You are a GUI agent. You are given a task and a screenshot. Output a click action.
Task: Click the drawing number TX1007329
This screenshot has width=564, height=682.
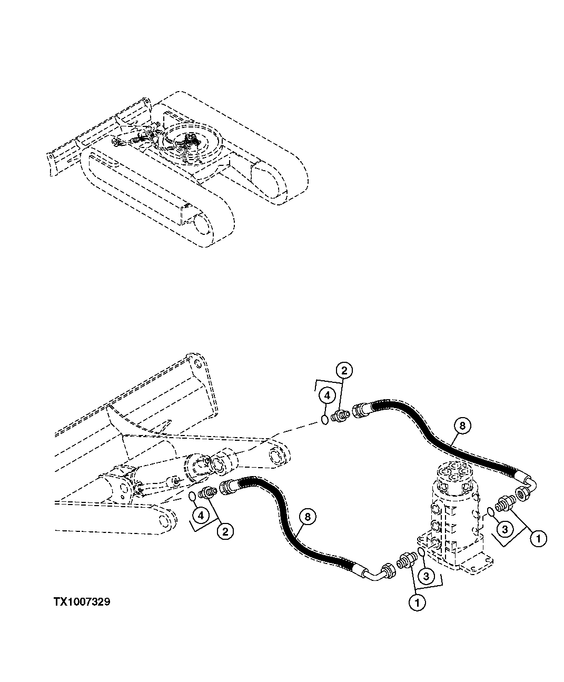pos(81,602)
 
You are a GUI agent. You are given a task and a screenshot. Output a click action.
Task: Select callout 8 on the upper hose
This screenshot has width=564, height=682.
pos(461,427)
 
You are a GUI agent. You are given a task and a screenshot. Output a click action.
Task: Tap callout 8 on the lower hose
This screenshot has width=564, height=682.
pos(307,518)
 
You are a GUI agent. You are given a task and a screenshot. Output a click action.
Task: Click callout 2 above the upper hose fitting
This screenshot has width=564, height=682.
pos(343,371)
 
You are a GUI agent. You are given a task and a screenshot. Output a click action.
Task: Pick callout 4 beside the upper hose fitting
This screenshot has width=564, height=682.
pos(326,394)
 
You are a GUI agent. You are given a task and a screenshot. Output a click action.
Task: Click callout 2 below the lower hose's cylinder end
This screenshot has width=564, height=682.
pos(225,531)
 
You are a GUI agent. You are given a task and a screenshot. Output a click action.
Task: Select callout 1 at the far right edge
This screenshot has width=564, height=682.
pos(538,538)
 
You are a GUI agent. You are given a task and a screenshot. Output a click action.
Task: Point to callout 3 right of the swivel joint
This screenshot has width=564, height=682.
pos(504,528)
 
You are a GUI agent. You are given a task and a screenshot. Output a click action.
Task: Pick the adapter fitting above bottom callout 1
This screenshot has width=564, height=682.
pos(404,560)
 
